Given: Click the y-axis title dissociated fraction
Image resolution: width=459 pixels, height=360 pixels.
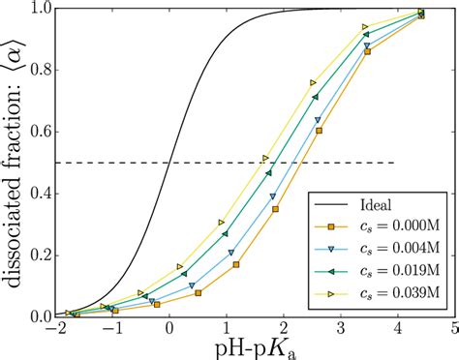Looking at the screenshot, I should point(14,160).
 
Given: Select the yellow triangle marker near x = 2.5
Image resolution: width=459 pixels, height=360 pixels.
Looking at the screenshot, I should point(313,82).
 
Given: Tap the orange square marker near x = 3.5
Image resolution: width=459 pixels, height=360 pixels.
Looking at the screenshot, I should point(366,51).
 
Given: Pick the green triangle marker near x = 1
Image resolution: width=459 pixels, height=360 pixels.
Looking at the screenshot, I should point(226,234).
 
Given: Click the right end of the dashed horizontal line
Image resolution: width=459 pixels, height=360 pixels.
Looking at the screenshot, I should point(395,163).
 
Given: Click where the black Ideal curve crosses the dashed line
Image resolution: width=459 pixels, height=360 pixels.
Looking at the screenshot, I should point(168,163).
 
